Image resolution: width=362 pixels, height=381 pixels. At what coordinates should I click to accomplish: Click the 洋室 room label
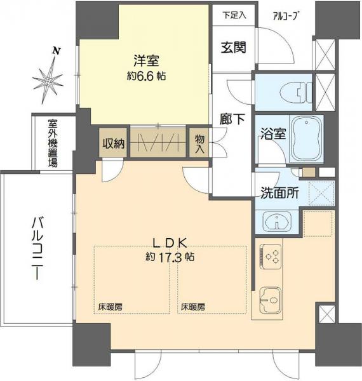point(145,61)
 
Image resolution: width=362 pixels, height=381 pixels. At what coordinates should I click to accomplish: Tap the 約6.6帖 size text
point(145,76)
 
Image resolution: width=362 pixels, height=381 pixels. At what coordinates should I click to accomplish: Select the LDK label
point(168,241)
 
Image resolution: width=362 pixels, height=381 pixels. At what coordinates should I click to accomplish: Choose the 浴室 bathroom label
point(271,134)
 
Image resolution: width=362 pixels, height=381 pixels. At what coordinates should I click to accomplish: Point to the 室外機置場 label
point(51,142)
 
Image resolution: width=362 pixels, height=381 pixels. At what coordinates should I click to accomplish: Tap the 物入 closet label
point(199,144)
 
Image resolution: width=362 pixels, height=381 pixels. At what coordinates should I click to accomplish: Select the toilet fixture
point(292,92)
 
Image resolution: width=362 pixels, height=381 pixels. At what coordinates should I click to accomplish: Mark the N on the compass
point(57,50)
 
